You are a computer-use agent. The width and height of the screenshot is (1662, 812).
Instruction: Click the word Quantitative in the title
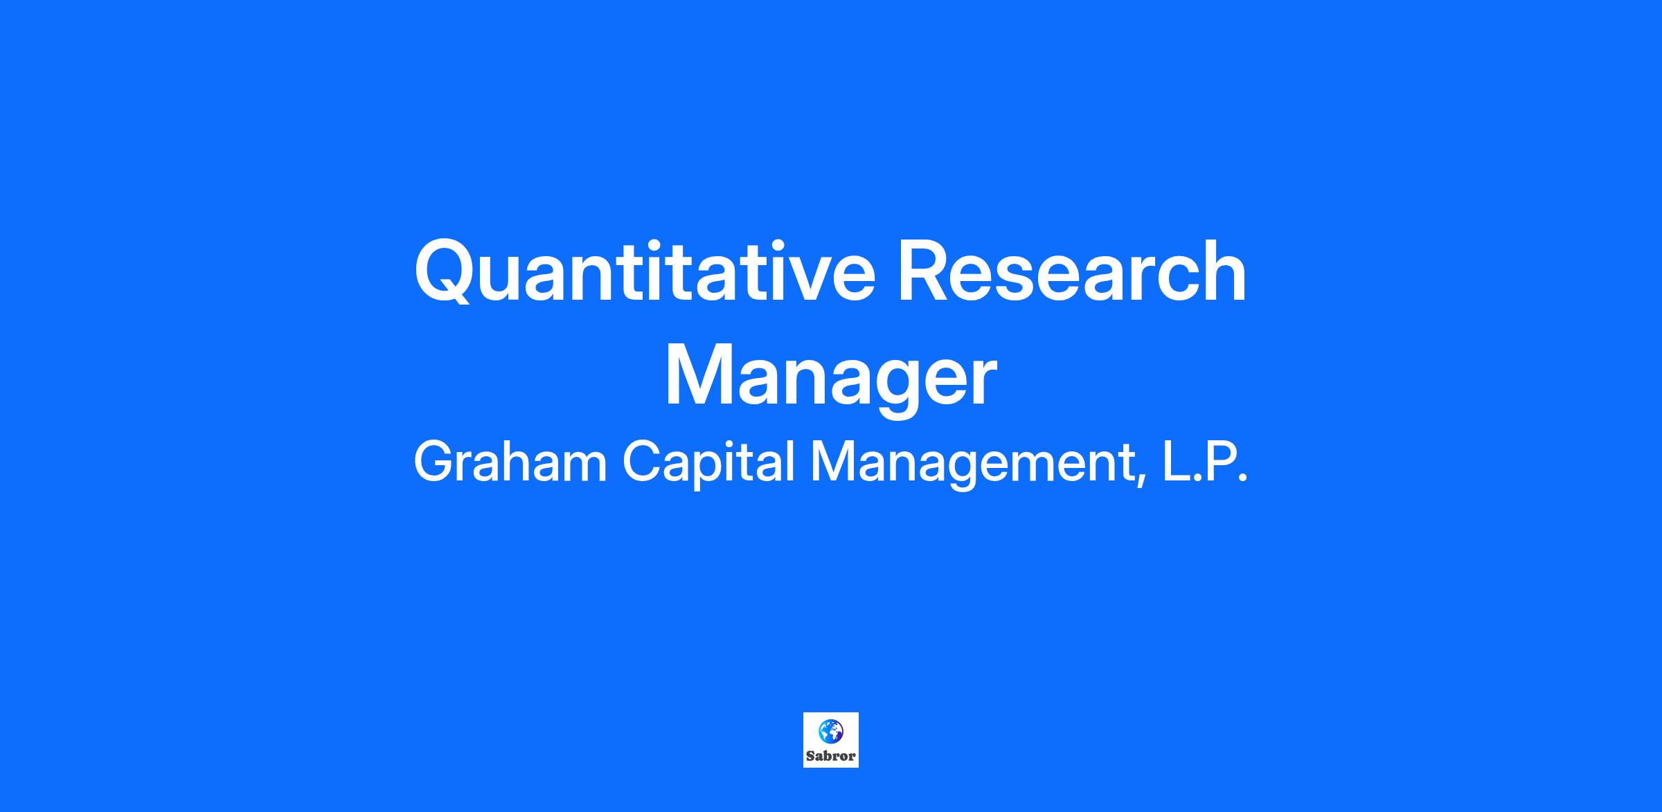(645, 271)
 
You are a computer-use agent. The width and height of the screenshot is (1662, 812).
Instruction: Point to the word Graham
(510, 462)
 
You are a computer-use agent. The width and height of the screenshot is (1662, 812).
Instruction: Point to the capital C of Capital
(643, 462)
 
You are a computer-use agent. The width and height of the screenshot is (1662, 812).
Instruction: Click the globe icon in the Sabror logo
(830, 730)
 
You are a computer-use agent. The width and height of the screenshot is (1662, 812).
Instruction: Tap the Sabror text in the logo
(830, 756)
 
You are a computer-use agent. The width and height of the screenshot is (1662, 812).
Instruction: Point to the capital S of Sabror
(810, 756)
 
